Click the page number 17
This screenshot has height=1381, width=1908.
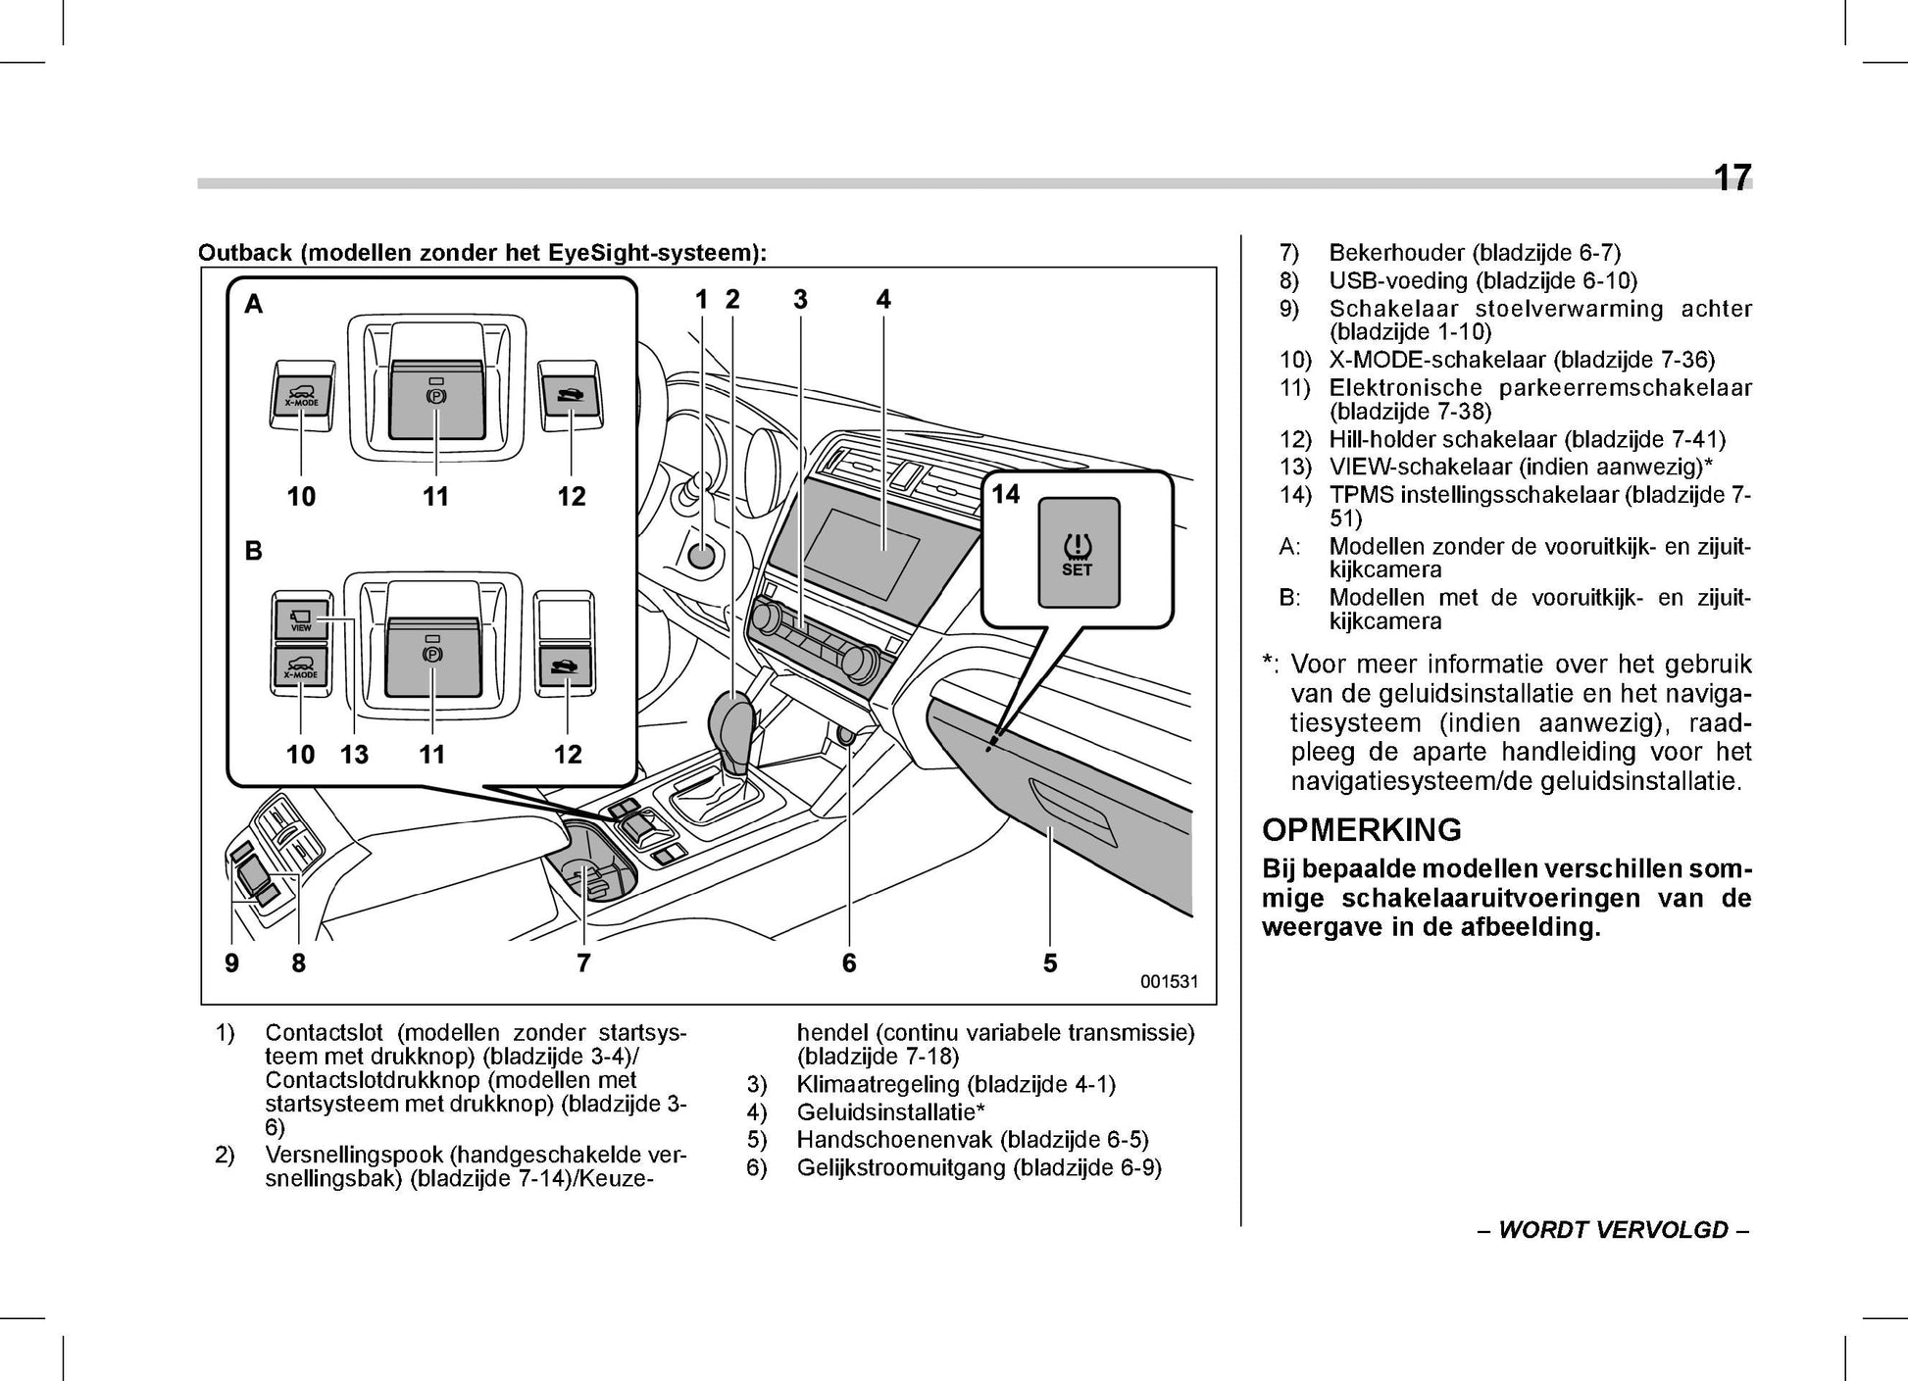pos(1732,178)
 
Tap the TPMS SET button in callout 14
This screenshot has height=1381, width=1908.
pos(1078,554)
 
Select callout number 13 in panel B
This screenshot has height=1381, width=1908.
pos(354,754)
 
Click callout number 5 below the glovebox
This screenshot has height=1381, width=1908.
pos(1050,963)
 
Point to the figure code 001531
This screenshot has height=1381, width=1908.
pos(1169,982)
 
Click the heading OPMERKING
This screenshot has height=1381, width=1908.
pos(1361,830)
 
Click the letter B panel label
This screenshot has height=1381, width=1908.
pos(254,552)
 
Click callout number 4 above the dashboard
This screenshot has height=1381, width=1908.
pos(883,300)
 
